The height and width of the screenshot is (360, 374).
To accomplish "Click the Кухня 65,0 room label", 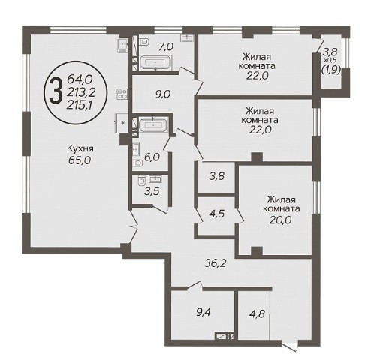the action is click(80, 154).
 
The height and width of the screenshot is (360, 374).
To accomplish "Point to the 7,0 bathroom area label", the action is click(166, 46).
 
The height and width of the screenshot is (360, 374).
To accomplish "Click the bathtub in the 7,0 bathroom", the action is click(155, 62).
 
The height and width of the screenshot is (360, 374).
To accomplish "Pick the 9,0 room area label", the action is click(163, 94).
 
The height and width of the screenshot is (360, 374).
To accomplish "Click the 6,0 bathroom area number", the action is click(152, 157).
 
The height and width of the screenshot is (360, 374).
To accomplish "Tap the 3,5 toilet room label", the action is click(152, 192).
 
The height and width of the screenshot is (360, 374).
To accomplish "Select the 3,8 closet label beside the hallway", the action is click(216, 176).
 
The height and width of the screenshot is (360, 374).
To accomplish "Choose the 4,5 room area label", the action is click(217, 214).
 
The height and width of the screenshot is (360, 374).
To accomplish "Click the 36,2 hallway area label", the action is click(216, 263).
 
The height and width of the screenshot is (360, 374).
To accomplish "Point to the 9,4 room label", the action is click(204, 313).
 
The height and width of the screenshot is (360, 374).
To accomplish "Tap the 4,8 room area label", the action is click(258, 313).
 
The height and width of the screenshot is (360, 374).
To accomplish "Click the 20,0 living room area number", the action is click(281, 220).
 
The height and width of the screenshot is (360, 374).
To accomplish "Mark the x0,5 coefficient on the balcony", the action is click(330, 60).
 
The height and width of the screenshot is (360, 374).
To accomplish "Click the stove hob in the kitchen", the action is click(122, 94).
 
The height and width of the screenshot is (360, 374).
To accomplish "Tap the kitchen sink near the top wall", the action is click(123, 46).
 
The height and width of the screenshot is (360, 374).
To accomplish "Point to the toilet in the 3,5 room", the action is click(141, 181).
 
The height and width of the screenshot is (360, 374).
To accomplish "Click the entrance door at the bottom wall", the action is click(290, 345).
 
